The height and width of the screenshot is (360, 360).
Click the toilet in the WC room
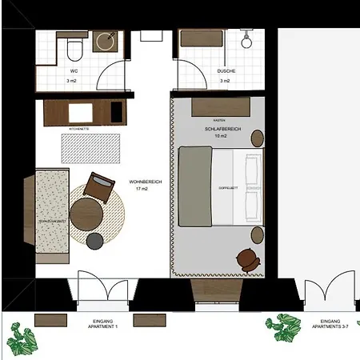tap(74, 50)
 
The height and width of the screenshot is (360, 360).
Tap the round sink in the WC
tap(105, 41)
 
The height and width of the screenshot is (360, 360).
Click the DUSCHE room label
tap(226, 70)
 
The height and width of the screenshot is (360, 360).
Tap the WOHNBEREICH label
tap(146, 182)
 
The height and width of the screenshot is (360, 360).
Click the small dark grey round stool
tap(95, 239)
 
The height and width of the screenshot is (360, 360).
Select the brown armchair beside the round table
tap(100, 187)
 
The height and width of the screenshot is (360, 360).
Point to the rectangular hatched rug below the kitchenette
tap(90, 146)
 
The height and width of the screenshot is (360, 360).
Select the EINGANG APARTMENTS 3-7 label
tap(326, 324)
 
